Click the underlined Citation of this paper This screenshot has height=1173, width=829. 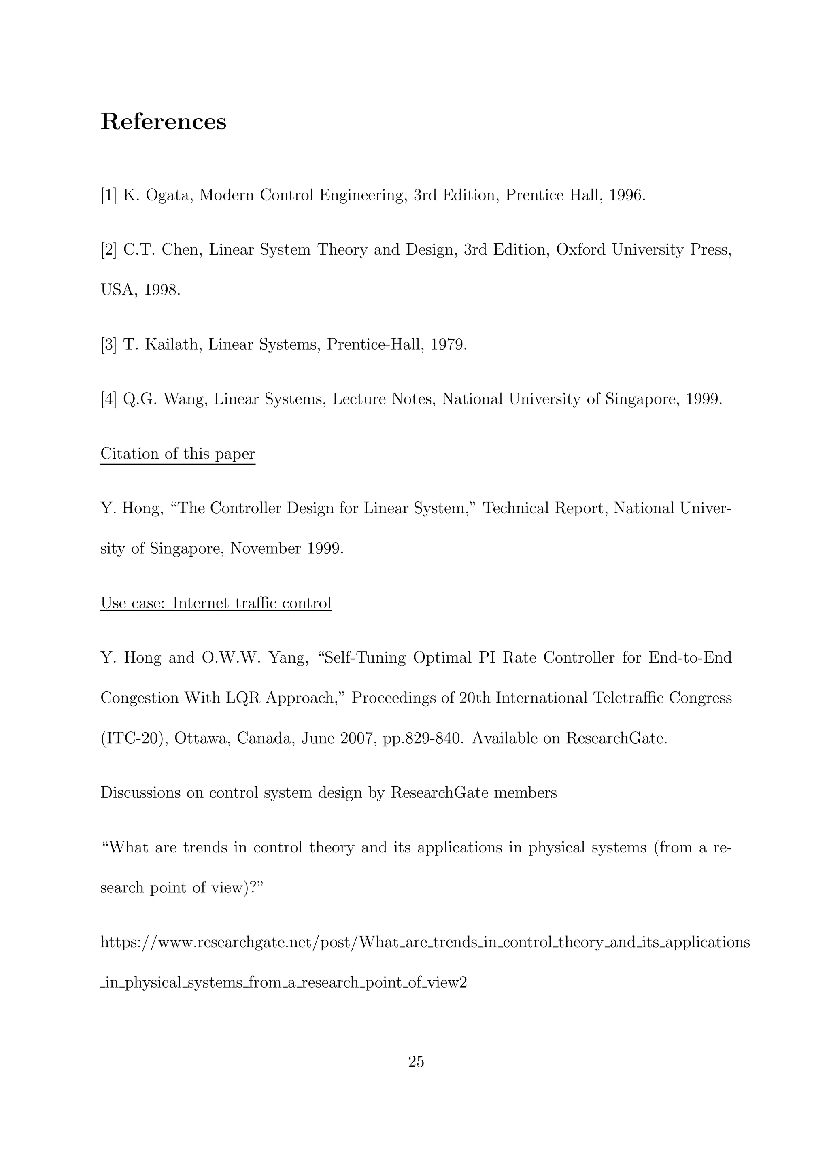pos(177,454)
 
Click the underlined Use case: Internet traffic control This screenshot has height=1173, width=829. pos(216,603)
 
